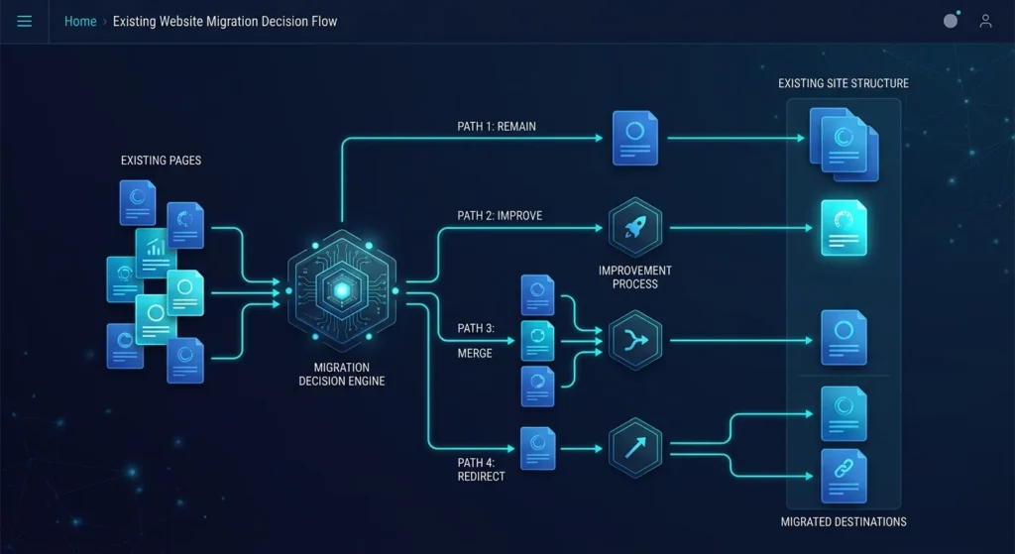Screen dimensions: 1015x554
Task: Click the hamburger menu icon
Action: click(x=25, y=22)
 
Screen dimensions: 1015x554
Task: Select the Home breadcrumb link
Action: click(x=80, y=22)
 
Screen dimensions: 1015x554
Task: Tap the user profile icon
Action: click(x=985, y=22)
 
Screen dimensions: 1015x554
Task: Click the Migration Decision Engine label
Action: click(x=342, y=374)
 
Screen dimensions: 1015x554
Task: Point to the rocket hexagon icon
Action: click(x=635, y=228)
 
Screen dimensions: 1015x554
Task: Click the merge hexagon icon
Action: click(x=635, y=340)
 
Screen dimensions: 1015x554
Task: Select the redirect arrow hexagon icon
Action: click(x=635, y=448)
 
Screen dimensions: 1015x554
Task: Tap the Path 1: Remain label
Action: click(x=497, y=126)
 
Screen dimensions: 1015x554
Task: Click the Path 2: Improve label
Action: click(x=500, y=215)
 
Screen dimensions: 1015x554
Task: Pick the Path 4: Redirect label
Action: click(x=481, y=469)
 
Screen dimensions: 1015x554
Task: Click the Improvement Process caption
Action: click(x=635, y=277)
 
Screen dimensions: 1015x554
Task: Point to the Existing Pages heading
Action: click(x=162, y=161)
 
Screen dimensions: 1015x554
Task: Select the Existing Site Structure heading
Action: click(x=844, y=83)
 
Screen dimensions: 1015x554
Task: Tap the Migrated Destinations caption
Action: click(x=844, y=521)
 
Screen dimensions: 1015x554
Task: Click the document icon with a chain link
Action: click(x=844, y=477)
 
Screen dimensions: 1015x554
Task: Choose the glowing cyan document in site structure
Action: click(x=844, y=228)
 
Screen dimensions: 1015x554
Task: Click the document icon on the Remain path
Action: click(x=635, y=138)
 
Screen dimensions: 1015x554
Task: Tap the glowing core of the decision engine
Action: click(x=342, y=290)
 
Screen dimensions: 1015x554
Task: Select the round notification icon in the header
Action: click(x=951, y=21)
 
